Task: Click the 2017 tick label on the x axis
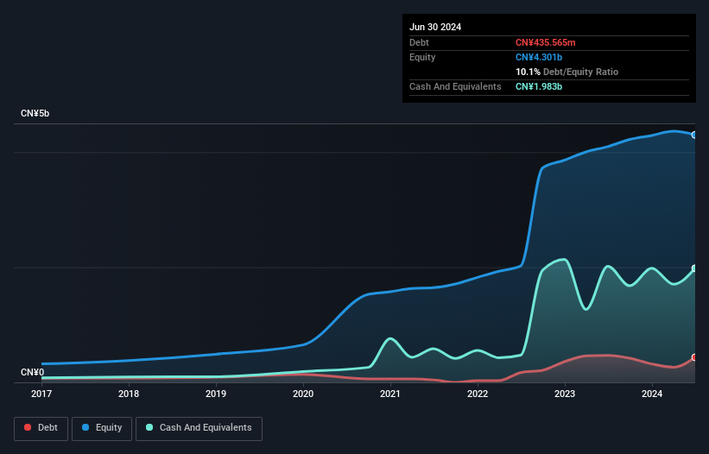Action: click(41, 394)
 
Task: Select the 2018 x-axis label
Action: click(129, 394)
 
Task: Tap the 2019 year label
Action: click(216, 394)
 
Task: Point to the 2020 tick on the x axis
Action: click(303, 394)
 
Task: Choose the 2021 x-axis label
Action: click(390, 394)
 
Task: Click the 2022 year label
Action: click(478, 394)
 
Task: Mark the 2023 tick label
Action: click(565, 394)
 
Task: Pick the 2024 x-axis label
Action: click(652, 394)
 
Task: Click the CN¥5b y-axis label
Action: click(35, 114)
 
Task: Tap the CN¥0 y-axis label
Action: click(33, 373)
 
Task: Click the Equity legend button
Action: click(102, 427)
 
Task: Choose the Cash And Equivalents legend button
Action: click(199, 427)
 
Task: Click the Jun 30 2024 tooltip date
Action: click(435, 27)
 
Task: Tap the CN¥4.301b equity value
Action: click(539, 57)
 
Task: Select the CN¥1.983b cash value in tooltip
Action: click(539, 86)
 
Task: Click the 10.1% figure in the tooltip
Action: click(527, 72)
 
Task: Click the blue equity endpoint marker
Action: click(694, 135)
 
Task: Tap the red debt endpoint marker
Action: click(694, 357)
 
